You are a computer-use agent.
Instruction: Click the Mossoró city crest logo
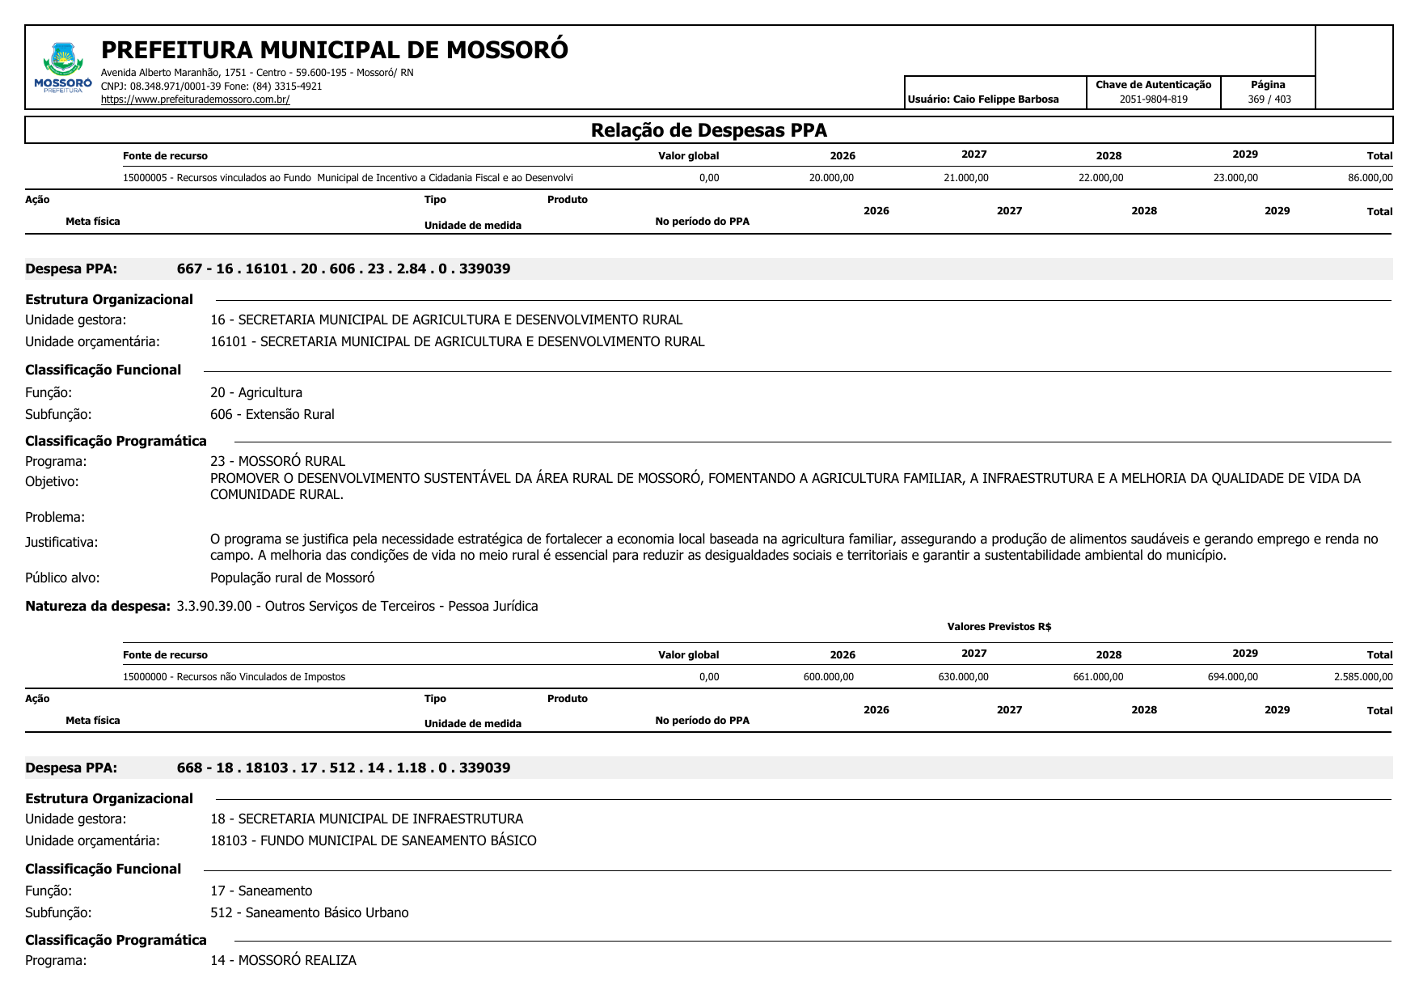[x=63, y=67]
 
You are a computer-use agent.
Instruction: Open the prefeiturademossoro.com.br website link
[x=195, y=99]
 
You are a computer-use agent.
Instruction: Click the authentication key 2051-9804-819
[x=1153, y=99]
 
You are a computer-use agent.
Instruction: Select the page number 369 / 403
[x=1269, y=99]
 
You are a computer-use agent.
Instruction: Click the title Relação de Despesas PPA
[x=708, y=130]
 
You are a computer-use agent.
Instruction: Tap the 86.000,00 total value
[x=1370, y=178]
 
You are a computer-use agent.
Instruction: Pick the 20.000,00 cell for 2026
[x=831, y=178]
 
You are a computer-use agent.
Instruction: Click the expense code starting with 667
[x=344, y=269]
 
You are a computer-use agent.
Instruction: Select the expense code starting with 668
[x=344, y=768]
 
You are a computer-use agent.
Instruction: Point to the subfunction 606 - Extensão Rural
[x=272, y=414]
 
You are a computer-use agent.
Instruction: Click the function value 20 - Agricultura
[x=256, y=392]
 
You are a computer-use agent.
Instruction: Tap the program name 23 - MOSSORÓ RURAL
[x=277, y=461]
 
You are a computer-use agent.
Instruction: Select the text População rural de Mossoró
[x=292, y=578]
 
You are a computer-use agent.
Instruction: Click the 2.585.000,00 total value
[x=1363, y=677]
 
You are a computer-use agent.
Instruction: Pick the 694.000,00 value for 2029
[x=1232, y=677]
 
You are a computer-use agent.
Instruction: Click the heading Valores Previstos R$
[x=999, y=627]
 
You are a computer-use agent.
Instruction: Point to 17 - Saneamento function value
[x=261, y=891]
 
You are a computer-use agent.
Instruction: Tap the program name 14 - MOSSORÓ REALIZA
[x=283, y=960]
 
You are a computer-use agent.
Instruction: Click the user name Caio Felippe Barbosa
[x=1005, y=99]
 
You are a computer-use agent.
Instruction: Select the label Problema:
[x=55, y=517]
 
